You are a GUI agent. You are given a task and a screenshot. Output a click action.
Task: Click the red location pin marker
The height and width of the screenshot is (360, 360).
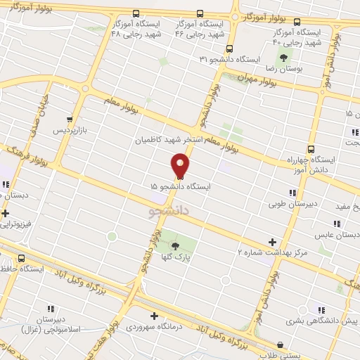coord(181,165)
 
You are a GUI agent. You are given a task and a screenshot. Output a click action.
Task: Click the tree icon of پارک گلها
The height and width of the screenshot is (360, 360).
coord(175,245)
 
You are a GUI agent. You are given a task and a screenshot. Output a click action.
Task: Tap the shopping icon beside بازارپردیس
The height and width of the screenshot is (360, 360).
coord(70,120)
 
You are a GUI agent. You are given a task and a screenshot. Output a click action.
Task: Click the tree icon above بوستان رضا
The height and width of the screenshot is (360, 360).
coord(283,57)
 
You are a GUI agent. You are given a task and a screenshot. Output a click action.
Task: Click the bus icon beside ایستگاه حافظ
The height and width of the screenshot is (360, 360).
coord(22,258)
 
